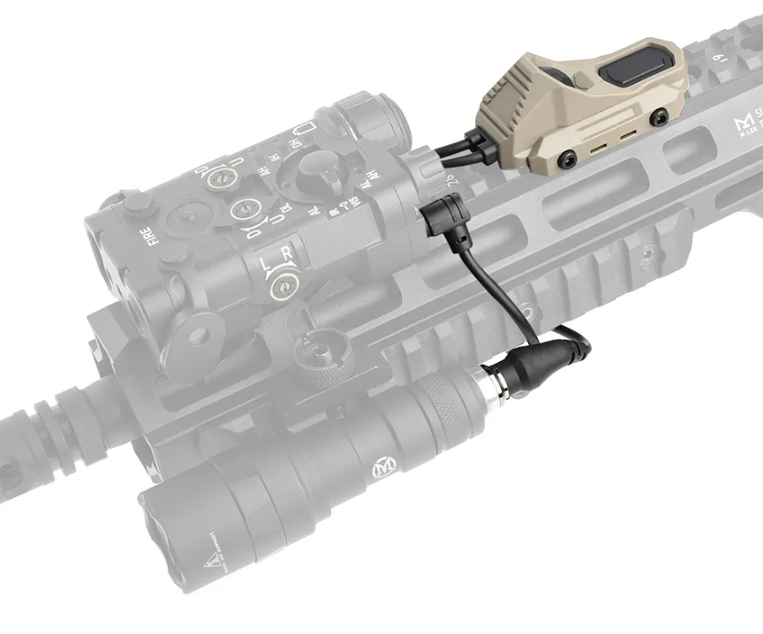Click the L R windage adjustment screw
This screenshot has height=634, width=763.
(283, 283)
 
